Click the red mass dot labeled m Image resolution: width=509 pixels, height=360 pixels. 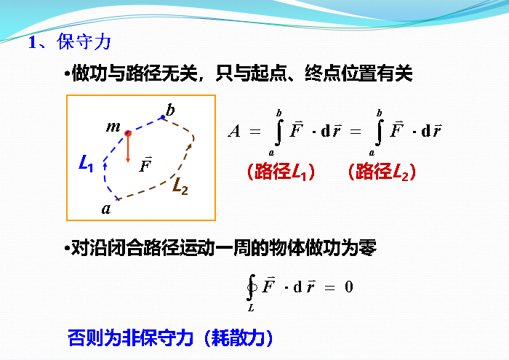click(128, 133)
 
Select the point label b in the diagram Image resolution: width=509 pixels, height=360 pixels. click(170, 111)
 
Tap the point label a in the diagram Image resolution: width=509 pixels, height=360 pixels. click(107, 209)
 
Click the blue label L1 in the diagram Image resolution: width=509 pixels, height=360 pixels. click(86, 164)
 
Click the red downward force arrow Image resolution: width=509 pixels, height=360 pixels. click(128, 150)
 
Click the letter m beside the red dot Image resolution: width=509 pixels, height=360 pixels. click(113, 127)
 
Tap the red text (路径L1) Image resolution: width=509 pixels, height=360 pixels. click(280, 172)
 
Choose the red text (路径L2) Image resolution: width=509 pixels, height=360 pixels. click(381, 172)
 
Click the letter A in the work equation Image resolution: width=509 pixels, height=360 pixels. click(234, 132)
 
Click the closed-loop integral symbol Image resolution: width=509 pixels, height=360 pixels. click(251, 287)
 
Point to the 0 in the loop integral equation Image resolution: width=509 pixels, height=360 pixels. click(348, 287)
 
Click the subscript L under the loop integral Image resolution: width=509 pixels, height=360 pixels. click(251, 308)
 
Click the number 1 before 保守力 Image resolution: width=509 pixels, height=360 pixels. click(32, 42)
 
